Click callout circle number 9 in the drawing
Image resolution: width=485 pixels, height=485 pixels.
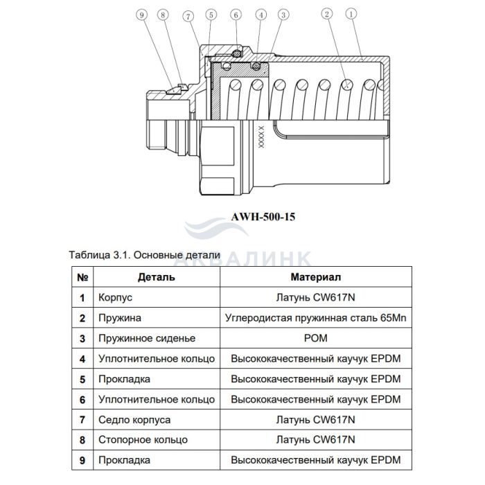141,14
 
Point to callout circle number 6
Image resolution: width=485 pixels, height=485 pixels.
236,14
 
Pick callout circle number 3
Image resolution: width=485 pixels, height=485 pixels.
283,14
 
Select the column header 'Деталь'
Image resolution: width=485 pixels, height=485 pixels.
156,277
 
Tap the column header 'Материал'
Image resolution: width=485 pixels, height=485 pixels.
315,277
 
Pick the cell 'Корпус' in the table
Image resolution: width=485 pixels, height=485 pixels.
115,298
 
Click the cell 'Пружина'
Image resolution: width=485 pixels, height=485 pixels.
121,318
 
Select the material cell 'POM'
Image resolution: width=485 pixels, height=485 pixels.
315,339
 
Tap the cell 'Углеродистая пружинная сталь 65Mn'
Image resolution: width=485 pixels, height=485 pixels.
315,318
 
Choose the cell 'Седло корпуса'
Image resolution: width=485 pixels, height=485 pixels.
134,420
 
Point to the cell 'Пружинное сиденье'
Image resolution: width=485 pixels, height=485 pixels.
147,339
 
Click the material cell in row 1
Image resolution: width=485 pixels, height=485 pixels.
315,298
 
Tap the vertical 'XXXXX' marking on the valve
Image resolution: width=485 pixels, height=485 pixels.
261,137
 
